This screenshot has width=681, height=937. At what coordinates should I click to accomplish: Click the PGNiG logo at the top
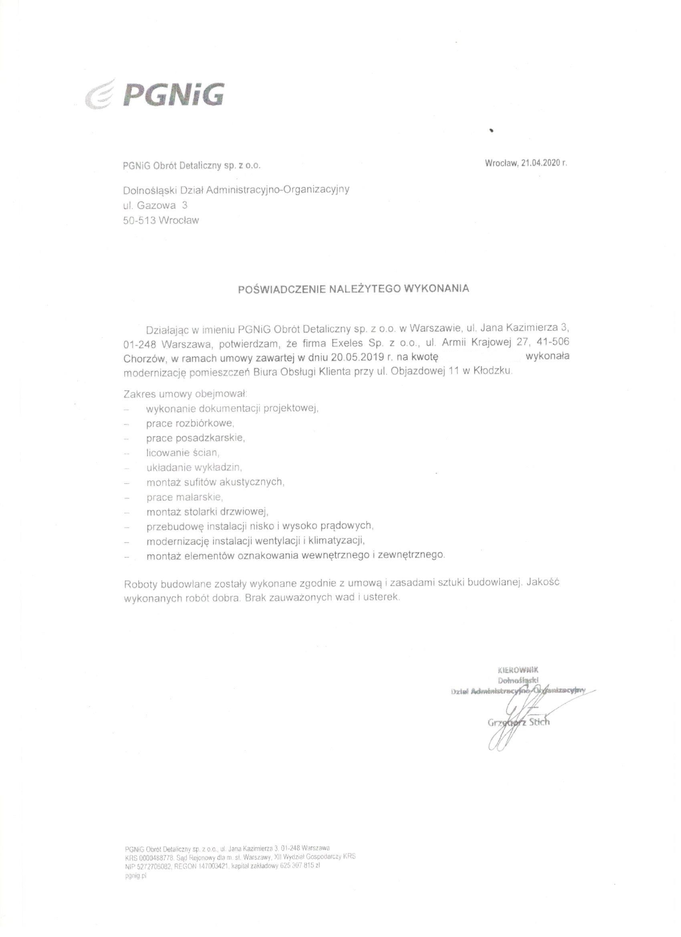(x=155, y=95)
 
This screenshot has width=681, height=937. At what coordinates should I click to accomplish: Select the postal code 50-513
(x=139, y=220)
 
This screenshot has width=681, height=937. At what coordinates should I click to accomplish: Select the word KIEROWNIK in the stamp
(x=518, y=670)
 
